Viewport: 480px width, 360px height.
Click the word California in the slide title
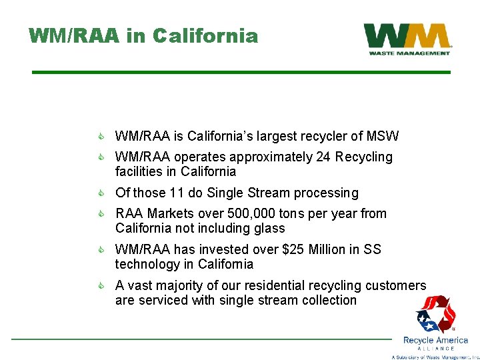205,35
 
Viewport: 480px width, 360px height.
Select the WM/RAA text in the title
74,35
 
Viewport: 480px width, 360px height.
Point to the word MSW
383,137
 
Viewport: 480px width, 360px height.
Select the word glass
269,229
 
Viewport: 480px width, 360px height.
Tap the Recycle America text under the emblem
435,340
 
